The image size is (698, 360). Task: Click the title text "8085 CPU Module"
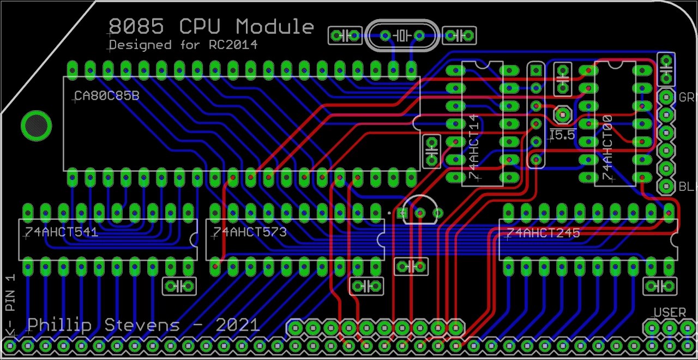(x=211, y=27)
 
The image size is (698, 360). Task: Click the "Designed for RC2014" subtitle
(x=183, y=45)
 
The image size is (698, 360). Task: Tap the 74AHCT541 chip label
(x=61, y=232)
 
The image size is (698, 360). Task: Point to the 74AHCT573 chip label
(x=250, y=232)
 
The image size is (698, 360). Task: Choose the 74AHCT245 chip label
(x=543, y=233)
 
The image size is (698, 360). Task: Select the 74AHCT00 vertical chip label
(x=607, y=148)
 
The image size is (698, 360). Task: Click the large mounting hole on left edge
(x=36, y=125)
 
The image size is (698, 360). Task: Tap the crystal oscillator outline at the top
(x=402, y=36)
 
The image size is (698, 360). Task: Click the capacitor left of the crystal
(x=345, y=36)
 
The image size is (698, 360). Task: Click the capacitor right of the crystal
(x=459, y=36)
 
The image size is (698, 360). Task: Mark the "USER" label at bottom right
(x=670, y=313)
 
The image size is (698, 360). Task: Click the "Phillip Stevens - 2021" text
(x=143, y=326)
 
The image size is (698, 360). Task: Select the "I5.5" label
(x=562, y=135)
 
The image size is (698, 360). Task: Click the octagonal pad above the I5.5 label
(x=562, y=115)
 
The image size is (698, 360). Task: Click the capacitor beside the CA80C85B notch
(x=431, y=151)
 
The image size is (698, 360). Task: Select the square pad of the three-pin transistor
(x=404, y=213)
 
